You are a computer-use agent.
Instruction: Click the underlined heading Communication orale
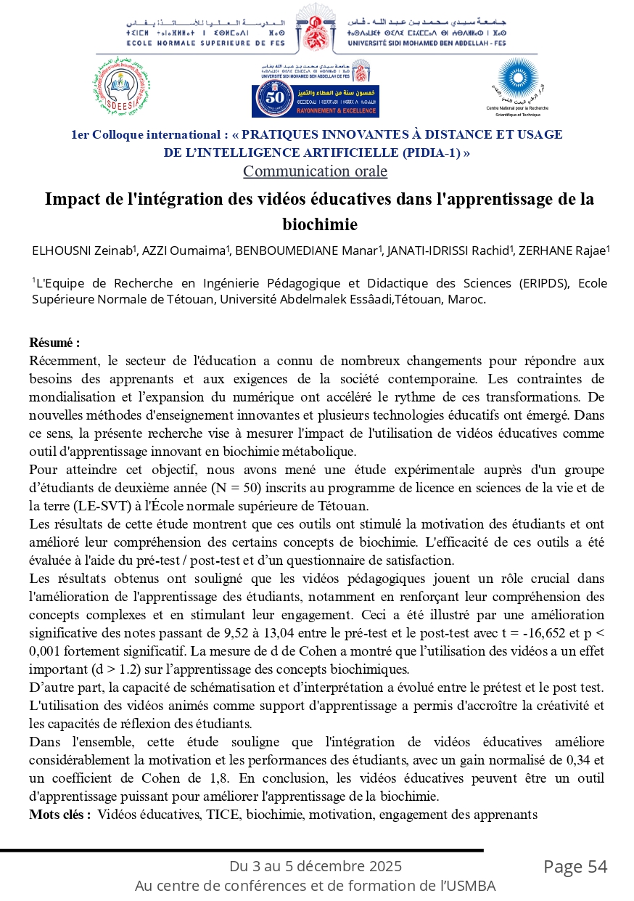[315, 171]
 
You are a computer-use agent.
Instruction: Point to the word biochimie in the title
[320, 224]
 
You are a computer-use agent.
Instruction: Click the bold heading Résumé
[54, 342]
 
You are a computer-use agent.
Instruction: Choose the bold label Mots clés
[59, 815]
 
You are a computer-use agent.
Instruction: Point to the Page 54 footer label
[575, 867]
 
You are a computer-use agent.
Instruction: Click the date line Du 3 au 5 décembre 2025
[316, 866]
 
